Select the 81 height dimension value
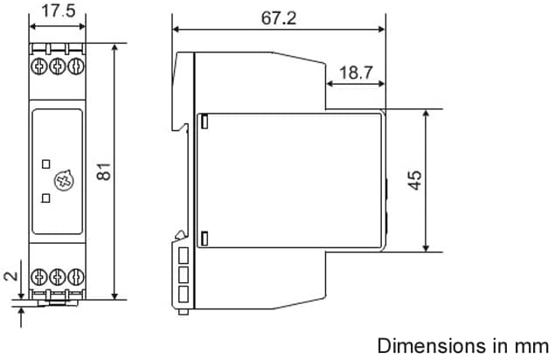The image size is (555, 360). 104,171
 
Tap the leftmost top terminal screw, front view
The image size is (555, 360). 41,66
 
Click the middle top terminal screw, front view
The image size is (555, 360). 57,66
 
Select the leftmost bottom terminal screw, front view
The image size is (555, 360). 41,277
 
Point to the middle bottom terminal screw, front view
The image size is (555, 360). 57,277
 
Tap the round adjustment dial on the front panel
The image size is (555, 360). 63,181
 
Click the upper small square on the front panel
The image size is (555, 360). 46,163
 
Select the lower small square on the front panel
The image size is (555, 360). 46,197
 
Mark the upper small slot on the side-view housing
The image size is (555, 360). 205,123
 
